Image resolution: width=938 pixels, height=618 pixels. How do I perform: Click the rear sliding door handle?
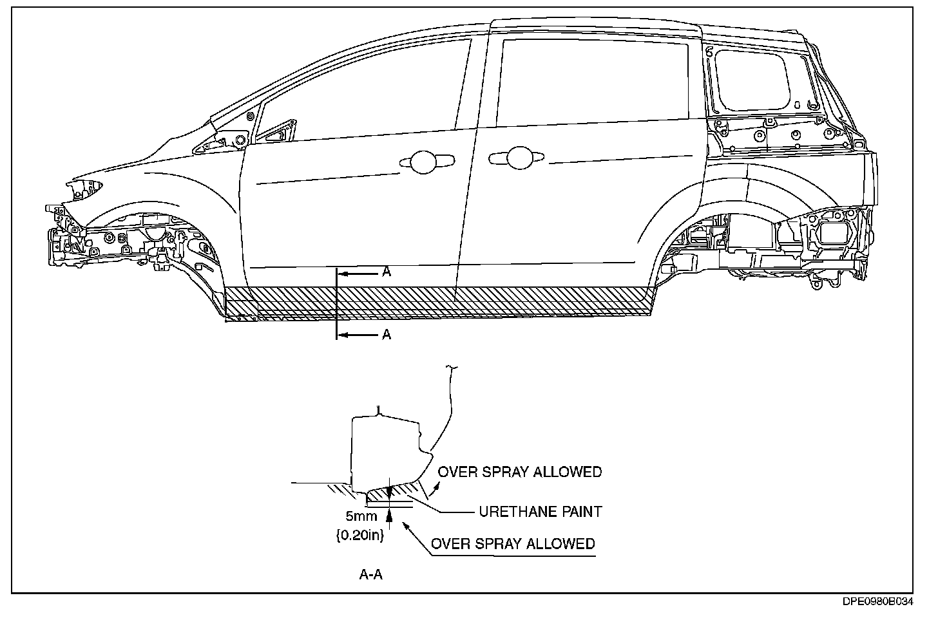[515, 156]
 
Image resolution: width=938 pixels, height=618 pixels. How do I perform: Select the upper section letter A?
[387, 272]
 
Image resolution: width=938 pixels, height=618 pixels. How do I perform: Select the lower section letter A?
[387, 334]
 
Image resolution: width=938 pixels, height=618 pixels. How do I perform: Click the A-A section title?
[371, 575]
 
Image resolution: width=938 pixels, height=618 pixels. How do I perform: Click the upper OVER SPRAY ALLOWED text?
[520, 472]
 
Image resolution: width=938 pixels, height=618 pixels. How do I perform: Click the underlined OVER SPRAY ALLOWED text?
[513, 544]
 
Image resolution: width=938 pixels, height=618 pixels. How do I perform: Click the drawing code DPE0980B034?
[878, 602]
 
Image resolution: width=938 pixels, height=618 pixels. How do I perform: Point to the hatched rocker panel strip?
[438, 303]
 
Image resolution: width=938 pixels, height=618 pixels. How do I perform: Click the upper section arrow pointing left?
[358, 274]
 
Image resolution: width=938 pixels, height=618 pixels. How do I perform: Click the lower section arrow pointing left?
[358, 335]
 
